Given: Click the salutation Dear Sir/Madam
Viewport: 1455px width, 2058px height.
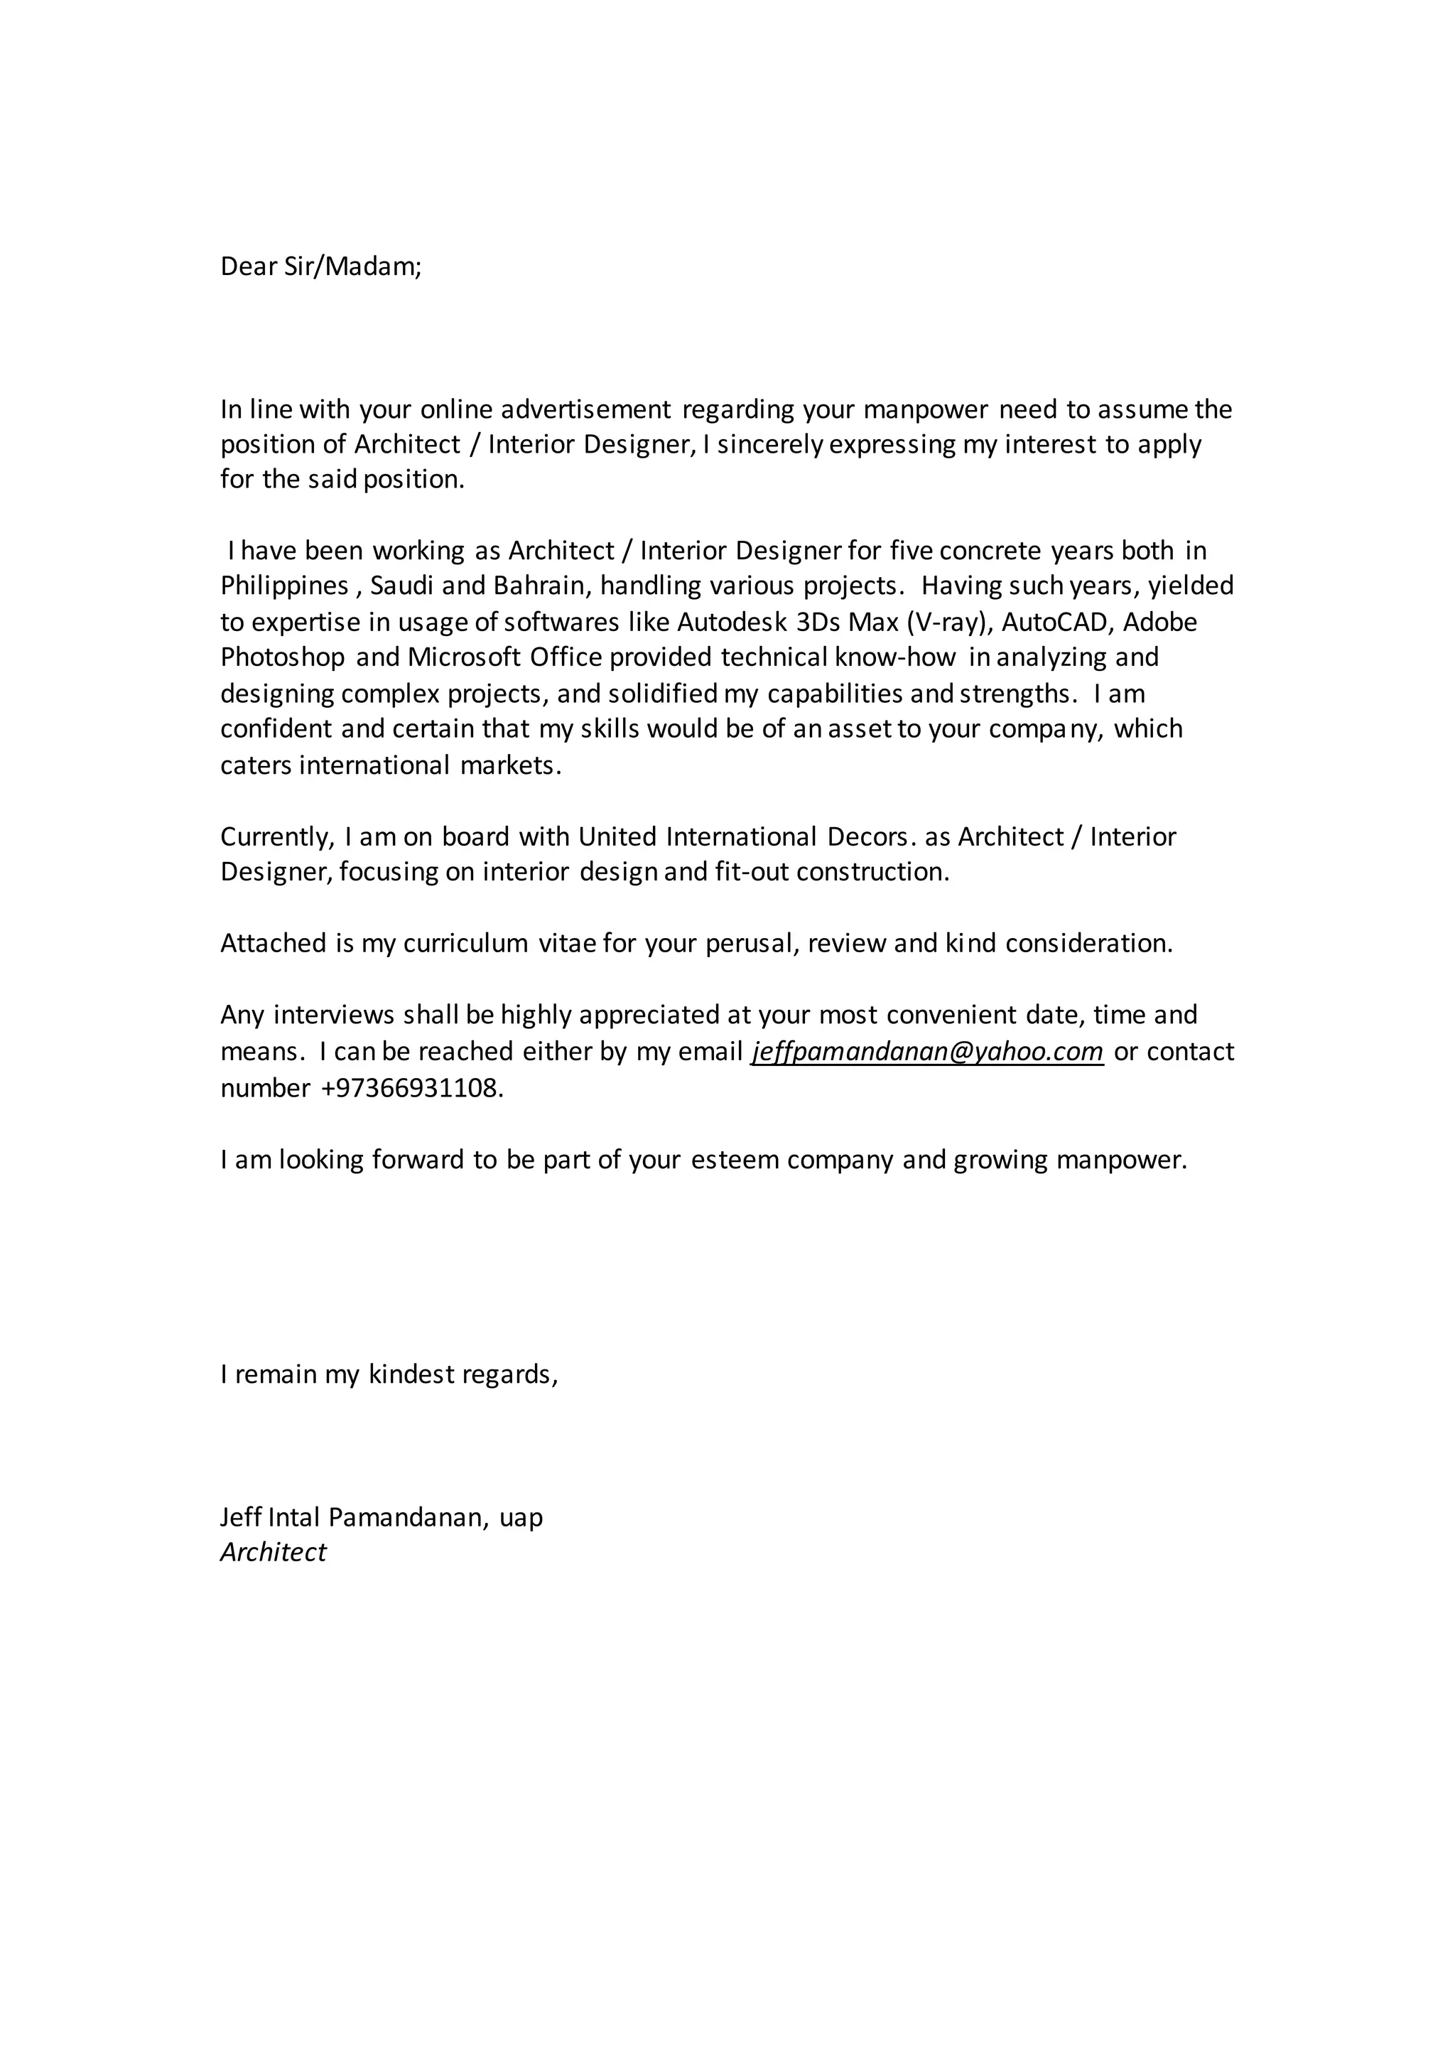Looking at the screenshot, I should (320, 267).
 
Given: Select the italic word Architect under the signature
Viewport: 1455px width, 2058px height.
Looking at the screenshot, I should (274, 1553).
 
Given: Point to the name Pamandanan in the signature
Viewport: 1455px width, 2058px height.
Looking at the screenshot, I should (409, 1517).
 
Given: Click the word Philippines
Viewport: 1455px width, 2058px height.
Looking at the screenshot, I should (284, 586).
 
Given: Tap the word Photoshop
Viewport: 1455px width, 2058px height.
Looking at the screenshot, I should (282, 658).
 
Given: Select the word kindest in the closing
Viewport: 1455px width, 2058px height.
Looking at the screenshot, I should (411, 1375).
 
